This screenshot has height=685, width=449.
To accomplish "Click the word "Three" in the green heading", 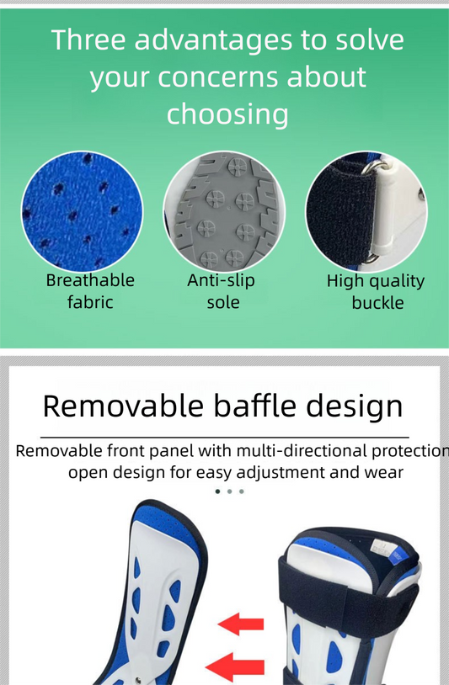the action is pyautogui.click(x=88, y=40).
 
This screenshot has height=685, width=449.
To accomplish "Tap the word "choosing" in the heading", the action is pyautogui.click(x=227, y=114).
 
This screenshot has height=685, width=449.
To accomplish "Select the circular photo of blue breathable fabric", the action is pyautogui.click(x=83, y=212).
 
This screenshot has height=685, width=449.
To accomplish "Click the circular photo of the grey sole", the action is pyautogui.click(x=224, y=212).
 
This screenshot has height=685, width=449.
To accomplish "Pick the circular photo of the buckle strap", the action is pyautogui.click(x=366, y=212).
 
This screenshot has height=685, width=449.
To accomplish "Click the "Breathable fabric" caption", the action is pyautogui.click(x=90, y=291).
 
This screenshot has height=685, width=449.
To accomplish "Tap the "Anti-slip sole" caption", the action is pyautogui.click(x=222, y=291).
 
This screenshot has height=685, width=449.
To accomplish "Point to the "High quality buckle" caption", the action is pyautogui.click(x=376, y=292).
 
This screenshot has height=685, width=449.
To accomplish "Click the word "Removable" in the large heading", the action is pyautogui.click(x=123, y=406).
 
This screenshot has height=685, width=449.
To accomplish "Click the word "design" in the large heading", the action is pyautogui.click(x=354, y=407).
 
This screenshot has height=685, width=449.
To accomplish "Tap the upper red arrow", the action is pyautogui.click(x=241, y=624).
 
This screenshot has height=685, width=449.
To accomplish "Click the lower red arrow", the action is pyautogui.click(x=235, y=667).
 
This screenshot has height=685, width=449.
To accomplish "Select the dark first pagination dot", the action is pyautogui.click(x=217, y=491).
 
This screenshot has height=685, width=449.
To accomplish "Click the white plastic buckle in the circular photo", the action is pyautogui.click(x=385, y=210).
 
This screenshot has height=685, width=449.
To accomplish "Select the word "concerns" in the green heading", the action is pyautogui.click(x=218, y=77).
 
